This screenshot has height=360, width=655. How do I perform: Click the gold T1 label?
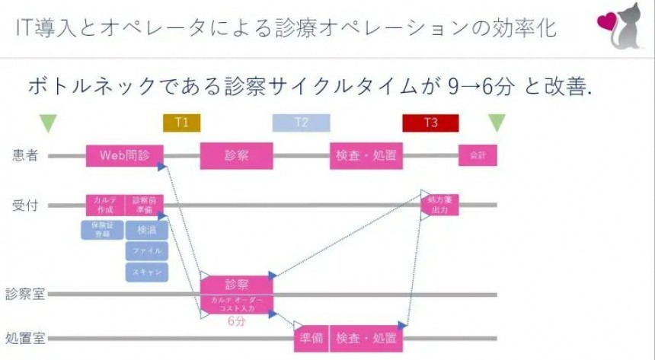coord(181,123)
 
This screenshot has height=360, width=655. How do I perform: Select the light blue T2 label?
coord(302,123)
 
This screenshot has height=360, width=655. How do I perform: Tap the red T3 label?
coord(430,123)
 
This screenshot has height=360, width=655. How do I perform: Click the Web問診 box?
coord(124,155)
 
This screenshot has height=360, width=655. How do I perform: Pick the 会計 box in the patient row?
coord(478,155)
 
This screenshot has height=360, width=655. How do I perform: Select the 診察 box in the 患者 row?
coord(236,155)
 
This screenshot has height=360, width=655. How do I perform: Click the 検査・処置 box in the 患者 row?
coord(366,155)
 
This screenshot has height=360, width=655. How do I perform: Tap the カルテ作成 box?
coord(104,204)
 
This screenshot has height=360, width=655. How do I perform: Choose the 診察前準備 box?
coord(144,204)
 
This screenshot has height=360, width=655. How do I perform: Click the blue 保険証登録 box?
coord(102,230)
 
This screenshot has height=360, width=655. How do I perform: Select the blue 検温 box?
coord(146,230)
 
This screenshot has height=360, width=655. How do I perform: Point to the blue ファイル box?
coord(146,250)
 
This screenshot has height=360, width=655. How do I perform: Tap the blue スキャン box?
coord(146,271)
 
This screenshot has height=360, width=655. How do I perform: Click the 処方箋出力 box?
coord(439,204)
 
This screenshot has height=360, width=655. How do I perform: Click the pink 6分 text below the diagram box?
coord(238,321)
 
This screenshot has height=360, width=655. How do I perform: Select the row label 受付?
coord(25,205)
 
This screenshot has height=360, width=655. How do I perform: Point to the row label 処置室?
coord(25,338)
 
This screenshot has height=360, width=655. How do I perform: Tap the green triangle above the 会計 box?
coord(497,123)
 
